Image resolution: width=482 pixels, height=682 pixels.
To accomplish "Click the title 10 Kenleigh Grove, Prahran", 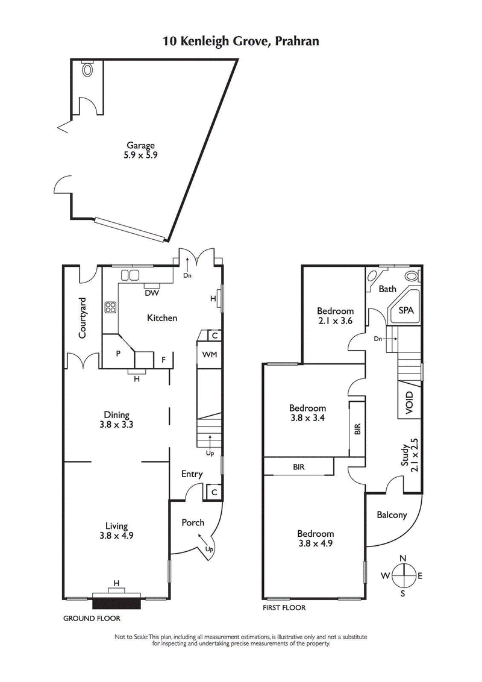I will click(x=241, y=42).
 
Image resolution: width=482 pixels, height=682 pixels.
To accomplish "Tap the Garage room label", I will click(x=141, y=149).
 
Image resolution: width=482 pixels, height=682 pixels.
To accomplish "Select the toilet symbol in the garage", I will click(x=88, y=70).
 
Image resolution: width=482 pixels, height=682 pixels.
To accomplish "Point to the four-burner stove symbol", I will click(x=111, y=307).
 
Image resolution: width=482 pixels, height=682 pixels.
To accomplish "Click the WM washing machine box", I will click(x=209, y=354).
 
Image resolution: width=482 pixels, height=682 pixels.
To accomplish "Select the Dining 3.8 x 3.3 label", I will click(x=118, y=419).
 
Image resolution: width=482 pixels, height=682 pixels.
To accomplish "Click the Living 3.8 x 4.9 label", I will click(x=118, y=531).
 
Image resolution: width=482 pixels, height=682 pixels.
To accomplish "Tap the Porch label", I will click(x=193, y=522).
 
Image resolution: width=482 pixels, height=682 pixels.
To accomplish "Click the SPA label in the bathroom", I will click(x=402, y=313).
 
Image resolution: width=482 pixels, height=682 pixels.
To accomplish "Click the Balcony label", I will click(x=392, y=515).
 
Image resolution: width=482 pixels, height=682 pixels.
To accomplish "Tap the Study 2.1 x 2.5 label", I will click(x=410, y=454).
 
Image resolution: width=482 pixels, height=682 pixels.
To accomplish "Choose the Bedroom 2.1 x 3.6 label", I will click(x=335, y=316).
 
